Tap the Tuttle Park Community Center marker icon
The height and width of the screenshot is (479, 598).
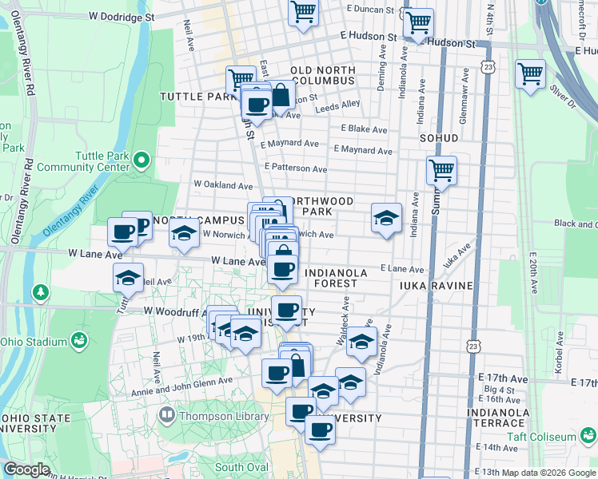pos(142,160)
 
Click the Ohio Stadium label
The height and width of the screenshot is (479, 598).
pos(34,342)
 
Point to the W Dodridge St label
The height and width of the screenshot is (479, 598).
pos(122,16)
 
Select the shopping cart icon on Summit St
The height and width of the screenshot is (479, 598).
pos(441,169)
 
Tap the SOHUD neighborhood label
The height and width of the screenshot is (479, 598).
pos(439,137)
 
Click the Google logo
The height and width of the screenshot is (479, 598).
pos(26,469)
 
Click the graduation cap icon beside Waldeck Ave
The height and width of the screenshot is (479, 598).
pos(362,341)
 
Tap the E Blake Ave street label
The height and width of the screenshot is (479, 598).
pos(364,129)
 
